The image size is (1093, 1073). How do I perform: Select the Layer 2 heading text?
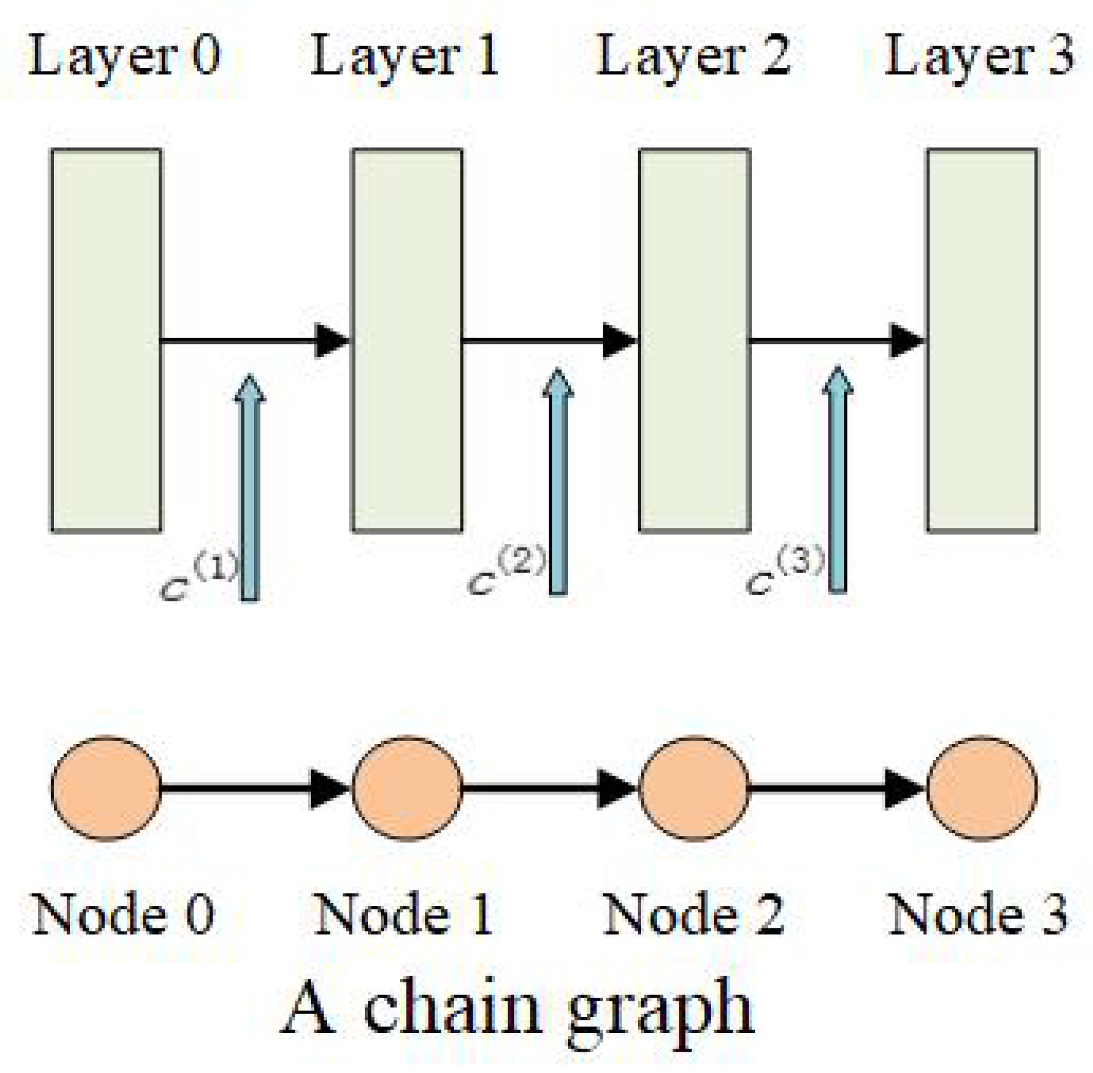693,57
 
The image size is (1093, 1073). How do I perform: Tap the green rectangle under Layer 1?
406,340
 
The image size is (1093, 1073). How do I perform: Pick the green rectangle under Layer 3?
981,340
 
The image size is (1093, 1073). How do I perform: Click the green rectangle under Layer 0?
106,340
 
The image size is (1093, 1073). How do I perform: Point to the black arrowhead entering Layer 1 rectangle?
332,340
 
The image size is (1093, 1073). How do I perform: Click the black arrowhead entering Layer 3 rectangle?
906,340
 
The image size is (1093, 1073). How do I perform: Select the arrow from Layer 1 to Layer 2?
547,340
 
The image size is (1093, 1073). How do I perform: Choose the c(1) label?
198,578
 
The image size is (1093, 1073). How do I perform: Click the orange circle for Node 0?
106,788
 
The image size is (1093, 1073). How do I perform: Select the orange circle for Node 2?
694,788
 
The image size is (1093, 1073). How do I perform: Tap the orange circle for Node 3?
981,788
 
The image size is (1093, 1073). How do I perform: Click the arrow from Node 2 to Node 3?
835,788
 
